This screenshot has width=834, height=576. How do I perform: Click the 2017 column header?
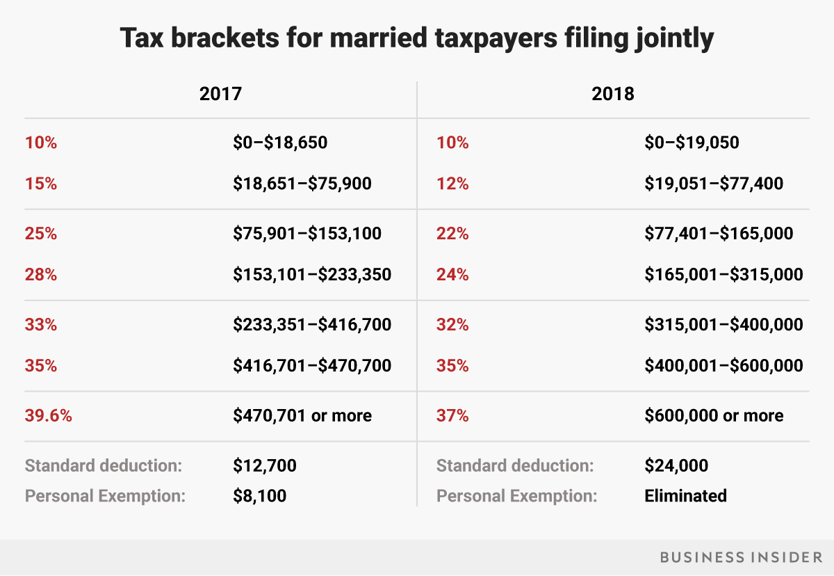(220, 93)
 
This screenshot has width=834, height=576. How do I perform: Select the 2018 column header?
(613, 93)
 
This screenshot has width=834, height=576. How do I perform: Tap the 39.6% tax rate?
(49, 416)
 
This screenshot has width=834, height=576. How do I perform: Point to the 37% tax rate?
(452, 416)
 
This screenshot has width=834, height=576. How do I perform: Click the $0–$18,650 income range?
(280, 143)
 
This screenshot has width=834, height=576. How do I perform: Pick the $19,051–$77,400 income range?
(714, 184)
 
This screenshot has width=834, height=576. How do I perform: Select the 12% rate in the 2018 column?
(452, 184)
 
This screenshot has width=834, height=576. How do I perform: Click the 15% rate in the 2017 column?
(40, 184)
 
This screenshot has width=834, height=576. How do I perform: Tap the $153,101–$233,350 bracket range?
(312, 274)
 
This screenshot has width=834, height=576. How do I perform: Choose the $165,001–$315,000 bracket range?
(723, 274)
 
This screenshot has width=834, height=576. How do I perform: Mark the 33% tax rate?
(40, 324)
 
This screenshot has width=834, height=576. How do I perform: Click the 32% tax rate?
(452, 324)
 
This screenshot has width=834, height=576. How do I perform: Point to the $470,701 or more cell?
(302, 416)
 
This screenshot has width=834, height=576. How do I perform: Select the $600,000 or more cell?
(714, 416)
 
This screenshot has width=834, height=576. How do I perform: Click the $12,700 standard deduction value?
(265, 465)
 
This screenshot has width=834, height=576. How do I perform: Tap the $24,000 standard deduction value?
(676, 465)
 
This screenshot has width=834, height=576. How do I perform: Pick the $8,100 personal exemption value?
(260, 496)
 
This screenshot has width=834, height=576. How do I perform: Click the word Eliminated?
(685, 496)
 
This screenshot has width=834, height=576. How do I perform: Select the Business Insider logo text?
(740, 557)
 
